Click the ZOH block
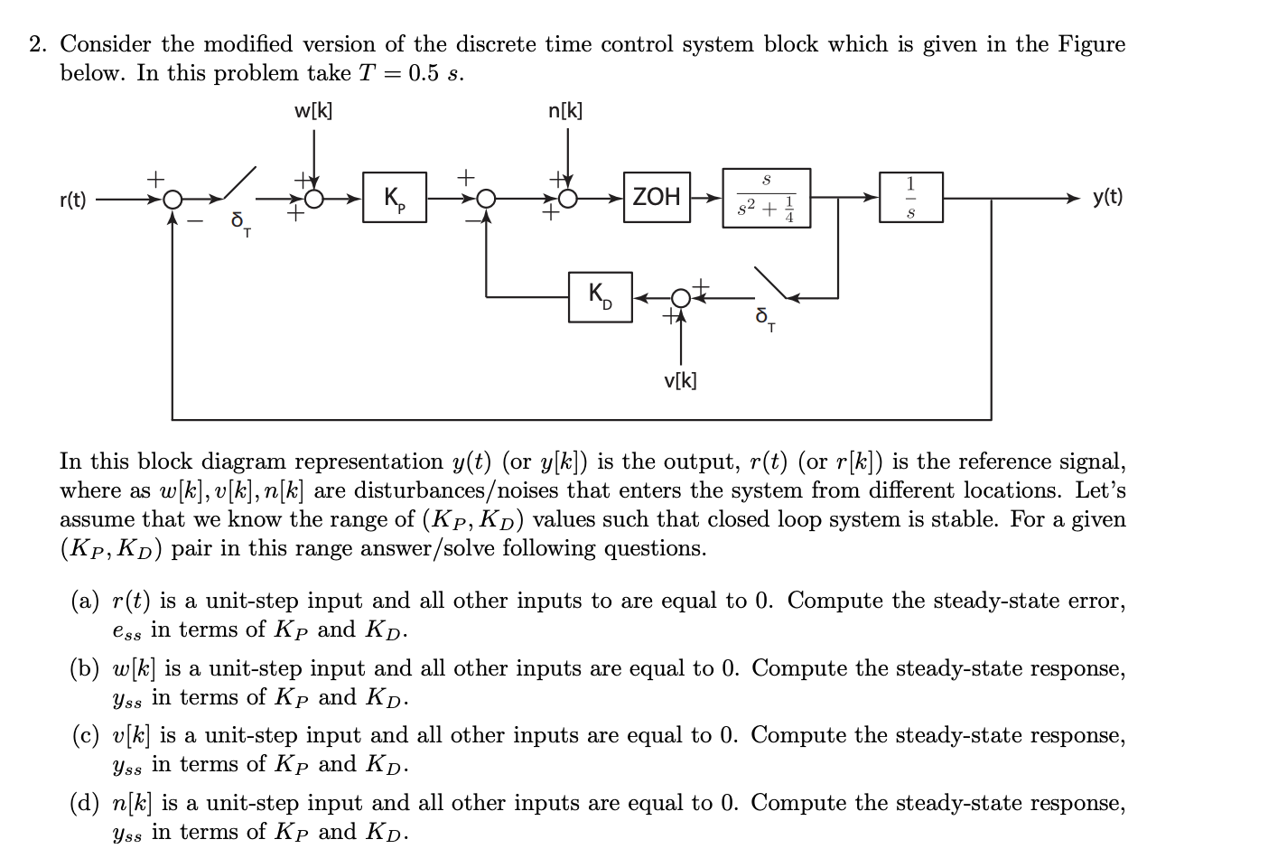tap(657, 197)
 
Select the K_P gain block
tap(394, 198)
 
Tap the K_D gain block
tap(600, 296)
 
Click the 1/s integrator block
tap(910, 197)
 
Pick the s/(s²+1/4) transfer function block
tap(766, 198)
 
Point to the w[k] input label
tap(313, 111)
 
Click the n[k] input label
tap(566, 111)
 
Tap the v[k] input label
tap(680, 380)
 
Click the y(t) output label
tap(1107, 197)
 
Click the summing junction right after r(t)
tap(172, 198)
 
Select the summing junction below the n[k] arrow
tap(567, 198)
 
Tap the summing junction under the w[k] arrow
tap(314, 198)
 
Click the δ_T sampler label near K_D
tap(764, 318)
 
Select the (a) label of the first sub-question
tap(85, 601)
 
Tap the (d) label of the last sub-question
tap(85, 803)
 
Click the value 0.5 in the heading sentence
tap(424, 73)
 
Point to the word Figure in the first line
tap(1091, 44)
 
